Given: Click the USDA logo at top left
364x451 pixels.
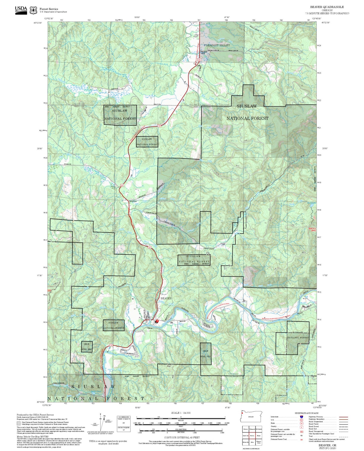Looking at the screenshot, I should pos(21,10).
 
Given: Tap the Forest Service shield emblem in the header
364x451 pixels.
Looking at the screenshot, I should pos(33,10).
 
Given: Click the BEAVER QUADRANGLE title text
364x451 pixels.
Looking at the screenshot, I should pos(327,7).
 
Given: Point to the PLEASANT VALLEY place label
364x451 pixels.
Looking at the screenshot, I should pos(217,45).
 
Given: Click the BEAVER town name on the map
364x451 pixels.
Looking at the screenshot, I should pos(166,298).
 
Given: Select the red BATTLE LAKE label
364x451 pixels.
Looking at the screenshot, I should pos(312,230).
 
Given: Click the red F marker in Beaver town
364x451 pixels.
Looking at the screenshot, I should pos(157,321).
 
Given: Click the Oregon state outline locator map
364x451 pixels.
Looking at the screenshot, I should pos(251,417).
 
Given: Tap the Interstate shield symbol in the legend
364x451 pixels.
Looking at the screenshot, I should pos(301,417).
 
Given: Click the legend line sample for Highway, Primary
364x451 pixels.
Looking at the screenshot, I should pos(344,417).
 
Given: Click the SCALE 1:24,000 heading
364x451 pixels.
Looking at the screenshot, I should pos(181,413).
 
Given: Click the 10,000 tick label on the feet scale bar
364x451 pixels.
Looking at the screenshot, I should pos(226,423).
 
